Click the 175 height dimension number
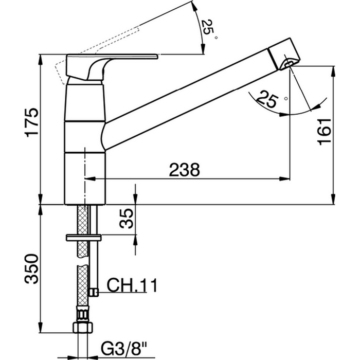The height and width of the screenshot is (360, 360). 32,122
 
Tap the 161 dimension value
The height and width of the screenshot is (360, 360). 324,132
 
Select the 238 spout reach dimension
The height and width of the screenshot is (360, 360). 184,170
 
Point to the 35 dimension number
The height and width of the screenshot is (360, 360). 127,219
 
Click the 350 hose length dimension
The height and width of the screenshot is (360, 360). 32,268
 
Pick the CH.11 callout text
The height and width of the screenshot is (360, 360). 132,285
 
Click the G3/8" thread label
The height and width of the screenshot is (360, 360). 124,349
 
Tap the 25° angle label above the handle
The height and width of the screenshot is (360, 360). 209,29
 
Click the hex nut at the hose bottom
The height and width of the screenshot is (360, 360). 83,328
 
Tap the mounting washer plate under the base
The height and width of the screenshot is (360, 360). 84,238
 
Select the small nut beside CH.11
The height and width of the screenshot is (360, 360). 94,293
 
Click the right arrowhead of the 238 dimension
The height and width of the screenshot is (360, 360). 285,178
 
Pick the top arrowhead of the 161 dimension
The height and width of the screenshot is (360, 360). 333,71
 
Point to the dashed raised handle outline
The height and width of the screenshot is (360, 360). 97,55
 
